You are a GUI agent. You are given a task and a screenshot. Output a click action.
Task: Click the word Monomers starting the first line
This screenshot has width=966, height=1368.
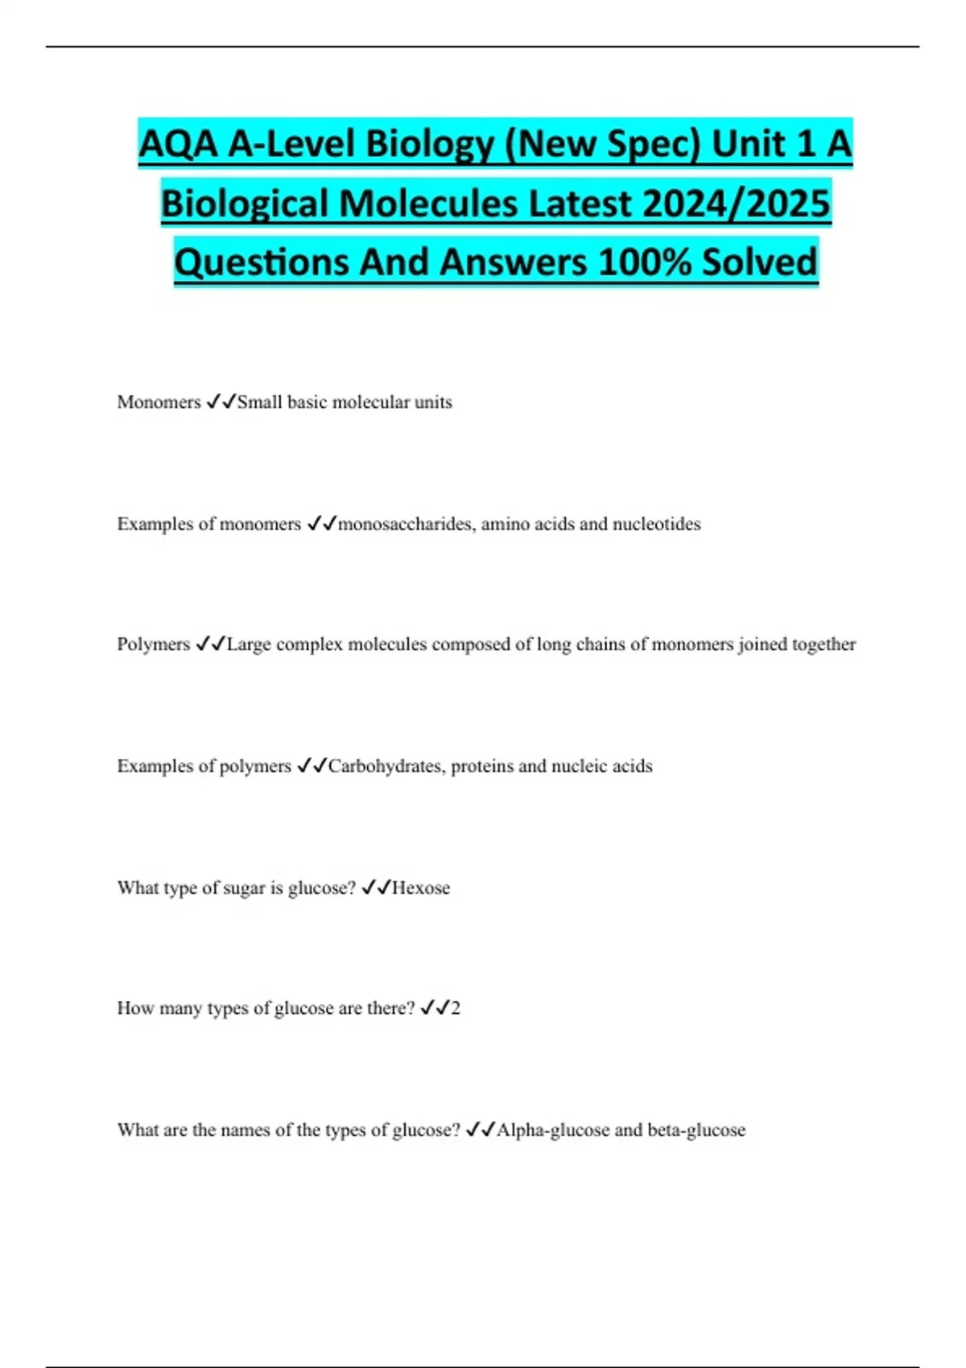159,402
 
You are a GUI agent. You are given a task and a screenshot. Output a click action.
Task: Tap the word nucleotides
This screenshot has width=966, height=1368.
656,525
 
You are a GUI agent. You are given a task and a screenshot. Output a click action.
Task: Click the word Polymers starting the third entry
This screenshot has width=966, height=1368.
153,645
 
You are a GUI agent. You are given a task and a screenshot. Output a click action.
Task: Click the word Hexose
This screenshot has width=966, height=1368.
421,888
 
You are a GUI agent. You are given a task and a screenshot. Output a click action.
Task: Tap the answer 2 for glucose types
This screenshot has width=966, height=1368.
456,1008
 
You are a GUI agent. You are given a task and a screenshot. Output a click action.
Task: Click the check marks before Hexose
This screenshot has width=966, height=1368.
376,888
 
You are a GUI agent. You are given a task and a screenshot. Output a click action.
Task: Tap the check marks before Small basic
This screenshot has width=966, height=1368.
221,402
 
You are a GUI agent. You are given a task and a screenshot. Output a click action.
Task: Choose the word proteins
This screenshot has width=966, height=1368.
481,766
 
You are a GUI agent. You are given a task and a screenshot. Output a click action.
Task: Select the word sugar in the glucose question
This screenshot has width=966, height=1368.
243,888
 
